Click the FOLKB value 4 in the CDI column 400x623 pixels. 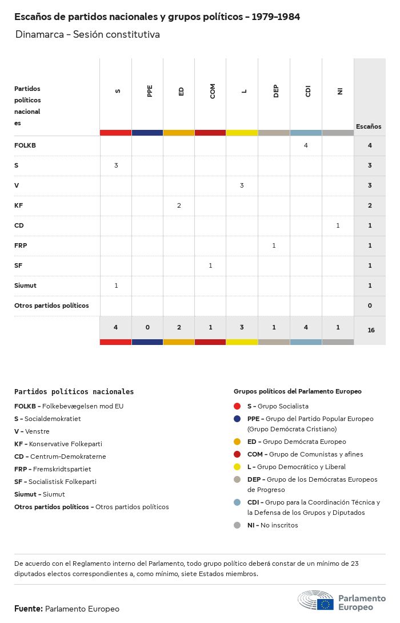(x=306, y=145)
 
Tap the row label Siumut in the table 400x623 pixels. (x=25, y=285)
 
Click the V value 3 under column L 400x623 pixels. (x=242, y=185)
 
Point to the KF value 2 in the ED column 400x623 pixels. (x=179, y=205)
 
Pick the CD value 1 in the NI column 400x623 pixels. (x=338, y=225)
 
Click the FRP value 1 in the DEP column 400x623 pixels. (x=274, y=245)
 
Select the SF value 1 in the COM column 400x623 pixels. (x=210, y=265)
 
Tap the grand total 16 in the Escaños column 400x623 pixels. (x=371, y=330)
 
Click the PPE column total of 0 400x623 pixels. (x=147, y=327)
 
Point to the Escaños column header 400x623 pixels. (x=369, y=126)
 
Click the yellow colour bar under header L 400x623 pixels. (x=242, y=133)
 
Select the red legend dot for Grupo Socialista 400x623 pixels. (x=237, y=406)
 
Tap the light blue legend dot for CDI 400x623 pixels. (x=237, y=502)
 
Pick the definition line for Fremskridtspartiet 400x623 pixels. (x=53, y=469)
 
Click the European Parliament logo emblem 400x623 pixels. (x=315, y=601)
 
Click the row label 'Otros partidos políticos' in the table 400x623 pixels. (x=51, y=305)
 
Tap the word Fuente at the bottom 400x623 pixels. (x=28, y=609)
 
